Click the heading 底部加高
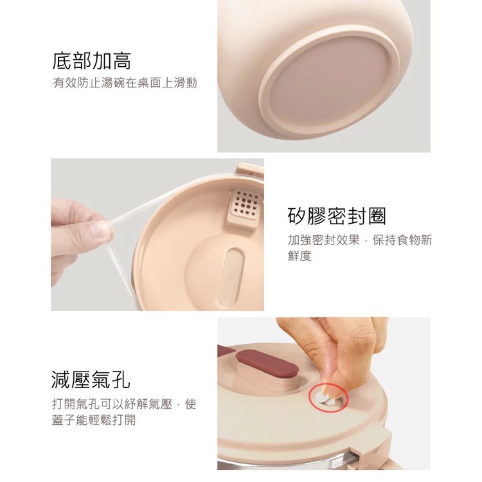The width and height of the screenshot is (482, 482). point(91,61)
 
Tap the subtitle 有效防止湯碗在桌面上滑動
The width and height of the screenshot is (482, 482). point(125,83)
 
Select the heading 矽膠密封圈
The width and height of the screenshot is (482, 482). point(337,216)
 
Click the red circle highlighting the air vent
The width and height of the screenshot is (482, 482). point(328,396)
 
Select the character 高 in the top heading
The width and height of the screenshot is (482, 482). point(121,61)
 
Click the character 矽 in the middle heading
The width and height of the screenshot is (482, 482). point(298,216)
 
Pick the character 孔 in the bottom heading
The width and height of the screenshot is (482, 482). point(120,380)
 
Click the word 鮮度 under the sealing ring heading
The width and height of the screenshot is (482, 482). point(299,256)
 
